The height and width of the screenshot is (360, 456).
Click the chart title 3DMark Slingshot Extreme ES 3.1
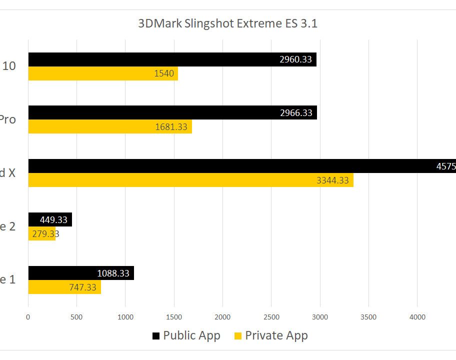click(227, 23)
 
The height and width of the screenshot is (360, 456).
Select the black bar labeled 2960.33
click(172, 59)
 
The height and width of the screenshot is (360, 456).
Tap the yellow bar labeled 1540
click(102, 73)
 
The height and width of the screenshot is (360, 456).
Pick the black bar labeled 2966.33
click(172, 112)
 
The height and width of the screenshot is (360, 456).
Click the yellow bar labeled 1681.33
click(109, 126)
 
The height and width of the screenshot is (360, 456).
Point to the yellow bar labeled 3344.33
click(190, 180)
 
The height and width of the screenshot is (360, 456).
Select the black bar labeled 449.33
click(49, 219)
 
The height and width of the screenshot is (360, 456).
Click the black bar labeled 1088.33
click(80, 273)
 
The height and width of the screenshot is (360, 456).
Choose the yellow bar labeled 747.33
click(64, 287)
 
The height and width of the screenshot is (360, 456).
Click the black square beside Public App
click(156, 335)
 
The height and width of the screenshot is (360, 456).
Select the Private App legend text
click(276, 335)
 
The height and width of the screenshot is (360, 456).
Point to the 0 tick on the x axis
click(28, 316)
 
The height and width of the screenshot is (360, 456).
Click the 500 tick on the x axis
click(76, 316)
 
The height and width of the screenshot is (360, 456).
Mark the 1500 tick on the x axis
click(174, 316)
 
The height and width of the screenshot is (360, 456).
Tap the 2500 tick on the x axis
click(271, 316)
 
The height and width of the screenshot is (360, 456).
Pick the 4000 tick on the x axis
click(417, 316)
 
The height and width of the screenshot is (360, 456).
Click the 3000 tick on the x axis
click(320, 316)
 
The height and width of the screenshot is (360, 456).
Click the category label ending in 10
click(9, 66)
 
